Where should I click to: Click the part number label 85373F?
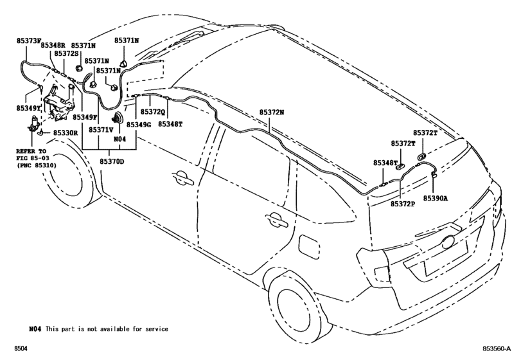click(28, 40)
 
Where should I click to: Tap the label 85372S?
click(66, 54)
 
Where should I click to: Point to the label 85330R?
click(66, 133)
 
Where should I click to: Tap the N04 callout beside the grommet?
click(119, 139)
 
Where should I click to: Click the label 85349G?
click(138, 124)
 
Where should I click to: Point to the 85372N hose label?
click(272, 111)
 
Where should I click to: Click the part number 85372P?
click(403, 204)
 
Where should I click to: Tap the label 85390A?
click(436, 199)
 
